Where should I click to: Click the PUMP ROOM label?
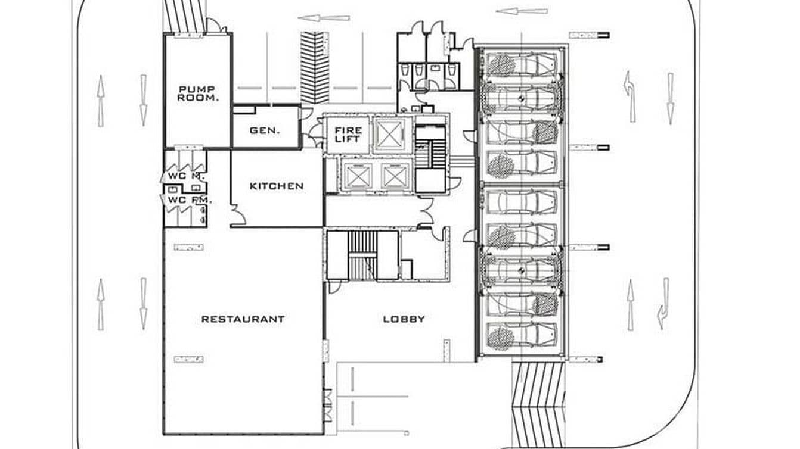coord(197,93)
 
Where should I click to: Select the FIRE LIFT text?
coord(348,134)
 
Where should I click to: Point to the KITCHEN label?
coord(276,186)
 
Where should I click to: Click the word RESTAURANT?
coord(243,319)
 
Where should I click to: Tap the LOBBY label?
coord(404,319)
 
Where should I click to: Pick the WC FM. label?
coord(188,200)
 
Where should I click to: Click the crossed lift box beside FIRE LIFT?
coord(389,133)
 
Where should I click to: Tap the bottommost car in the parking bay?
coord(521,335)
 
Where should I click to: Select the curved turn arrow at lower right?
coord(662,304)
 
